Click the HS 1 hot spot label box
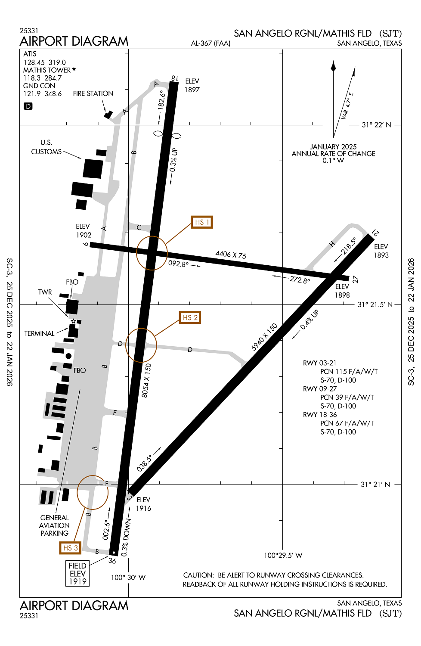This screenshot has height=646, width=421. (202, 222)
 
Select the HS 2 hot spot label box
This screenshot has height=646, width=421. (190, 318)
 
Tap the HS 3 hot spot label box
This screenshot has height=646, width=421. (70, 548)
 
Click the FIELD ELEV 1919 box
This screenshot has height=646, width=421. (77, 573)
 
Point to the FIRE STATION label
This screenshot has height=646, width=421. (93, 93)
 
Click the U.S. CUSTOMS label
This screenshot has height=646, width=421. (46, 147)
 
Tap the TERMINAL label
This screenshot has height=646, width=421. (39, 333)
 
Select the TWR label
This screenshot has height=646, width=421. (45, 292)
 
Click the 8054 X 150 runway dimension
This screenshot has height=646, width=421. (147, 380)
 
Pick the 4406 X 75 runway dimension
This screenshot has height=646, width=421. (231, 255)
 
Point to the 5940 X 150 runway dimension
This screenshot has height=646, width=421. (264, 337)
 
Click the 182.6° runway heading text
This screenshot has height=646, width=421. (161, 100)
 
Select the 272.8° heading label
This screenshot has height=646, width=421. (300, 280)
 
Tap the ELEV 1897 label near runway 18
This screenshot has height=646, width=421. (192, 85)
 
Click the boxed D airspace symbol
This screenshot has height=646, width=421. (28, 106)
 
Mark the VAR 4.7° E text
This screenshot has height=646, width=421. (347, 106)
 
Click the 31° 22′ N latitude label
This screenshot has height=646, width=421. (376, 125)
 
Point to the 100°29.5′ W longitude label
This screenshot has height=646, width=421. (283, 556)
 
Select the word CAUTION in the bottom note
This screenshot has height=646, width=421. (198, 575)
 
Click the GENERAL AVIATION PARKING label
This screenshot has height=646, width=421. (55, 525)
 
